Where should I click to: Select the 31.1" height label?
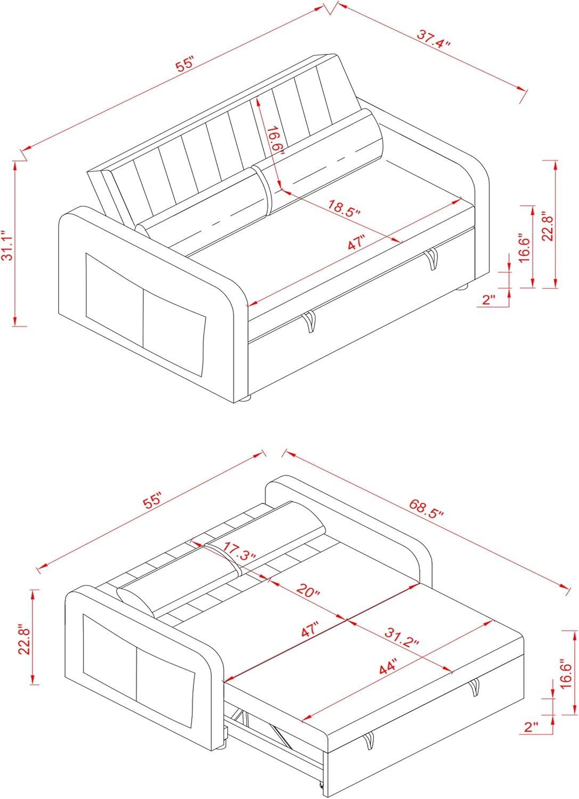7,246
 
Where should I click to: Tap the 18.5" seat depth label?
344,207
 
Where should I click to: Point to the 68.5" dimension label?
426,509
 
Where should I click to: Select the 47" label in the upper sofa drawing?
356,243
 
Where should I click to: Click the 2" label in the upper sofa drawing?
488,299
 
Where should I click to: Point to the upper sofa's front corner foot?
243,398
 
